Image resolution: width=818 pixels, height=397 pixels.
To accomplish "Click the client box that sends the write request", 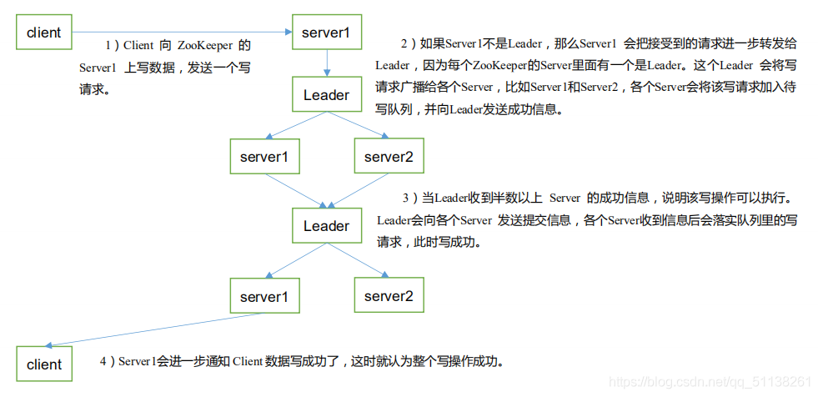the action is tap(44, 33).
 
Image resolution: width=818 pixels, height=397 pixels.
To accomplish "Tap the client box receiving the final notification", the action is tap(44, 364).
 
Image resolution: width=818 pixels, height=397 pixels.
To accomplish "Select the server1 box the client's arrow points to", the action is tap(327, 33).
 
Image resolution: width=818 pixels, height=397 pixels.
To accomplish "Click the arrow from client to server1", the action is tap(182, 33).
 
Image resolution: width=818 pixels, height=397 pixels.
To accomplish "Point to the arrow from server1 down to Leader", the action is tap(327, 64).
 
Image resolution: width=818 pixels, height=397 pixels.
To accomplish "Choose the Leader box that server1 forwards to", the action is tap(327, 95).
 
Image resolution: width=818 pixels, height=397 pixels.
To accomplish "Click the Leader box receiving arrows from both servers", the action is tap(327, 225).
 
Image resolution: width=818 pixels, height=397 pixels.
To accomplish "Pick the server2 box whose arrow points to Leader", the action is tap(389, 156).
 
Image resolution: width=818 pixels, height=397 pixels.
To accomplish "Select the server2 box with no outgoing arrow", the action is tap(389, 295).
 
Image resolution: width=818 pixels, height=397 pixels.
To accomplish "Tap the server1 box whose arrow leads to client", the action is tap(264, 295).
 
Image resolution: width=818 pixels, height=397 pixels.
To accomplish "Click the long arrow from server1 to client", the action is tap(154, 329).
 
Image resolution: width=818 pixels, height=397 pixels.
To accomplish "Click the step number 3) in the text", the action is tap(410, 198).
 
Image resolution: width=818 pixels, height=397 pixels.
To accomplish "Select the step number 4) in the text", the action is tap(108, 361).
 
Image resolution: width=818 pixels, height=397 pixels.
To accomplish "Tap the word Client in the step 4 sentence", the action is tap(247, 361).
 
